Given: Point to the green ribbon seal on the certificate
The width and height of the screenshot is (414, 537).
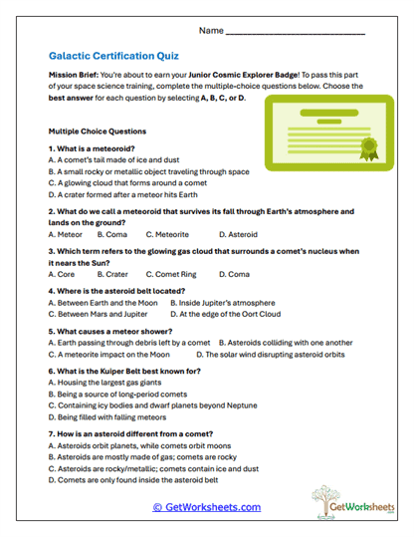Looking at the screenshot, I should tap(369, 151).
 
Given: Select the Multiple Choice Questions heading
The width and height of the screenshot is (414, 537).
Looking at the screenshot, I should tap(98, 131).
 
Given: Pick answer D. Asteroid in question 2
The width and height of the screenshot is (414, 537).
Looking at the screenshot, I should tap(236, 234).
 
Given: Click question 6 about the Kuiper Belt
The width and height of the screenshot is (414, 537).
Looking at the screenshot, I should tap(123, 371).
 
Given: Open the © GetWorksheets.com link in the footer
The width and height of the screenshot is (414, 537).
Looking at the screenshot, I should tap(206, 507).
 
